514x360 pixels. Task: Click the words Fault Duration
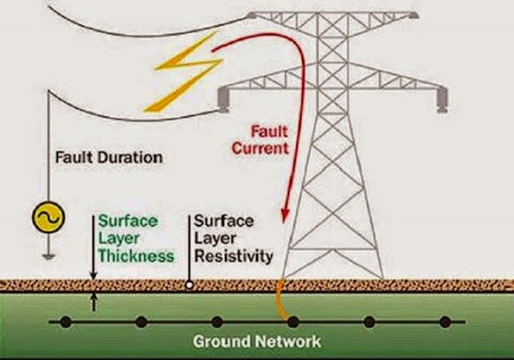click(x=108, y=157)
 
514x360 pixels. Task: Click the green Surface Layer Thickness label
click(x=135, y=239)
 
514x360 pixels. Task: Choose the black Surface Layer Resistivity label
click(x=232, y=239)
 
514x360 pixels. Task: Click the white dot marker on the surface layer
click(x=189, y=283)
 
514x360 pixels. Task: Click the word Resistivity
click(x=234, y=256)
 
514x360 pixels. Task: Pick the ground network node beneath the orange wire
click(x=293, y=322)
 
